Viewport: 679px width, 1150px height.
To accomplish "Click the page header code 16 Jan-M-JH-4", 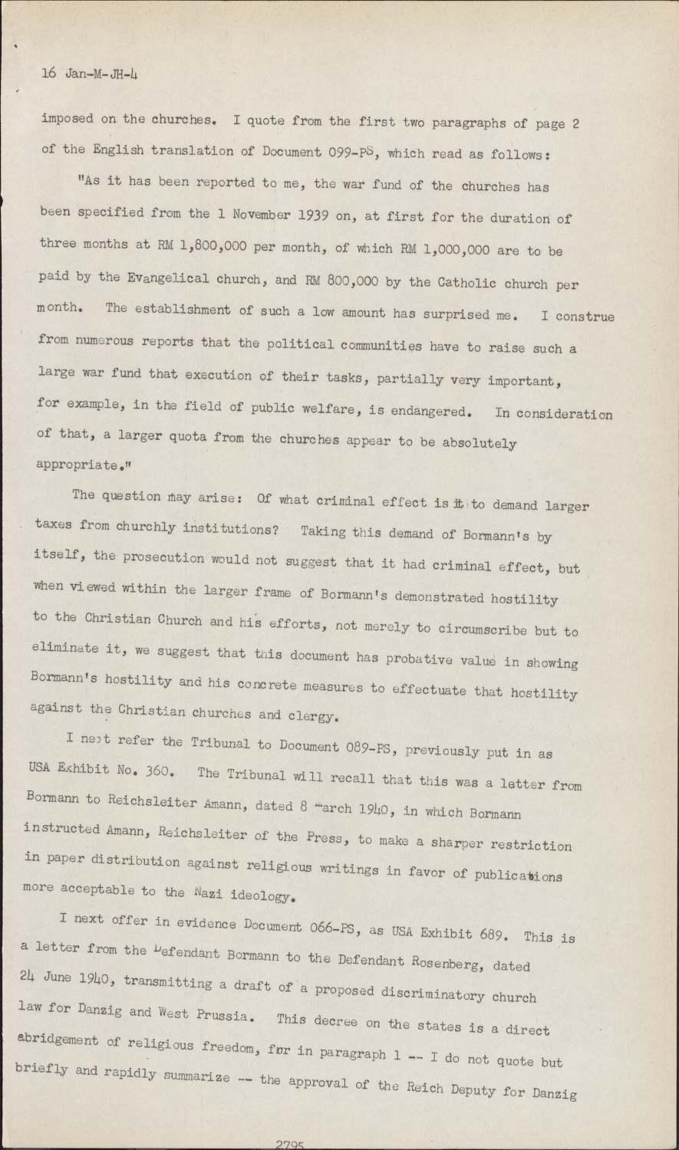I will point(89,74).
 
